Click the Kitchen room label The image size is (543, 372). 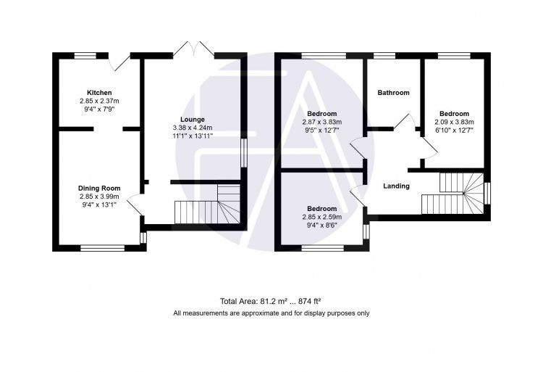(99, 93)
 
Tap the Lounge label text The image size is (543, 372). (193, 120)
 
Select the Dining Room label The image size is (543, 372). (99, 189)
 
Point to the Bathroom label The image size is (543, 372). (393, 93)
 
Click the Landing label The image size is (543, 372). (396, 186)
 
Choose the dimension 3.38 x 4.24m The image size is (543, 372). (193, 128)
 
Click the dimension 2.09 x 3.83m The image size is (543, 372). (455, 122)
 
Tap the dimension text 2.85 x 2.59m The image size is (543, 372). (322, 217)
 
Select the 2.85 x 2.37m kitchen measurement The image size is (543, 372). (99, 102)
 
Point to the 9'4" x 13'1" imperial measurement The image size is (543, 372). (99, 204)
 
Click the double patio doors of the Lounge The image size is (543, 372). (193, 49)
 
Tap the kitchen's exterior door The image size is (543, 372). (119, 62)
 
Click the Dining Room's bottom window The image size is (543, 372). (103, 248)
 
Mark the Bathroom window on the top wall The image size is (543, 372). (384, 55)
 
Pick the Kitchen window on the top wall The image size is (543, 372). (85, 55)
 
